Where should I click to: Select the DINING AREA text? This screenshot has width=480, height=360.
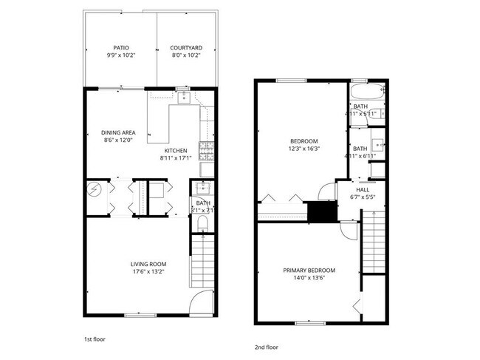click(119, 133)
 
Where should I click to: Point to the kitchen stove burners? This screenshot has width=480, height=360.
click(207, 152)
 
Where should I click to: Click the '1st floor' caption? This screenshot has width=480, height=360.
click(94, 339)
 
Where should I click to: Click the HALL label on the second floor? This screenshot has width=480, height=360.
click(363, 190)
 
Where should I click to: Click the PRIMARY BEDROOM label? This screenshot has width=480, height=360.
click(309, 271)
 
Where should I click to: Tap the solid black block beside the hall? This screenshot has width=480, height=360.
click(321, 212)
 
